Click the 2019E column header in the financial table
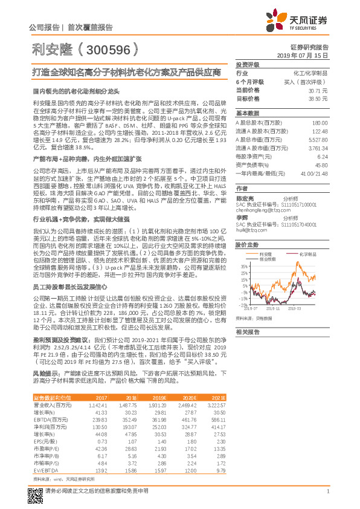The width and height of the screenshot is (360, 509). pos(158,396)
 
